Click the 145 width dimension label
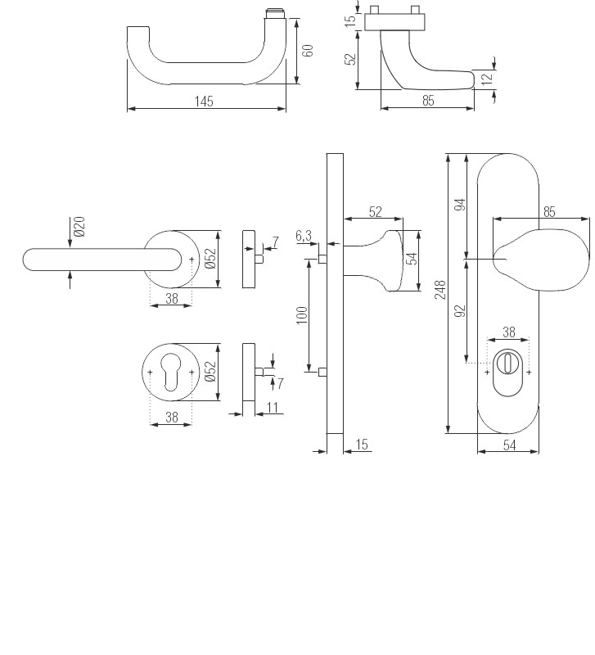click(204, 101)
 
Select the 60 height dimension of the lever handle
click(308, 51)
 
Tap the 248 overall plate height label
click(440, 290)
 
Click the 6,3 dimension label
click(304, 236)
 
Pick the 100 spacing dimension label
click(301, 315)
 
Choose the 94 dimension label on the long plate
click(460, 205)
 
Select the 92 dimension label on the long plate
click(460, 311)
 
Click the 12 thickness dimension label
click(487, 79)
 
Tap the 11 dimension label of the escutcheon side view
click(273, 407)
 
